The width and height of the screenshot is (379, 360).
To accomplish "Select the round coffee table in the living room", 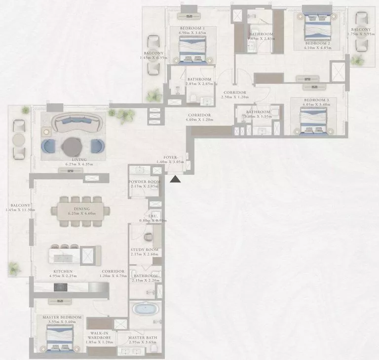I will coord(73,146).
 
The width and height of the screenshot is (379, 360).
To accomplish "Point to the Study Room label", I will coord(144,250).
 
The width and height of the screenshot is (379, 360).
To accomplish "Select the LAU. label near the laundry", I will coord(153,215).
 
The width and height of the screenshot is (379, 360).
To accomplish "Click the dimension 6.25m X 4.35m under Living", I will coord(78,164).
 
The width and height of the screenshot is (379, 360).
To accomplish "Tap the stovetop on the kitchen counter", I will coord(60,286).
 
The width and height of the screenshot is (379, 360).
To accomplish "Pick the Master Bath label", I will coord(142,337).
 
